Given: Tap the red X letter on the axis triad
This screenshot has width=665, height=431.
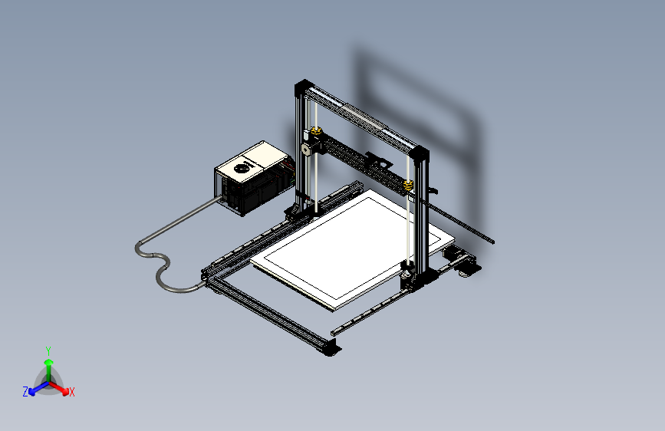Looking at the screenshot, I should (72, 392).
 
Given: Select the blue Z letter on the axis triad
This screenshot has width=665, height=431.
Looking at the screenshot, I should (25, 391).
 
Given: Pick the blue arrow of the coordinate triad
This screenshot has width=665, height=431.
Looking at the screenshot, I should (35, 387).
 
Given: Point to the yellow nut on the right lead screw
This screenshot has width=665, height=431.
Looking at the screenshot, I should (409, 184).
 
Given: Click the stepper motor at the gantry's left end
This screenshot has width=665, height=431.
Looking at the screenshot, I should (306, 149).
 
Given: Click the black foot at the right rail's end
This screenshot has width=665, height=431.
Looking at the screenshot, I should (468, 268).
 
